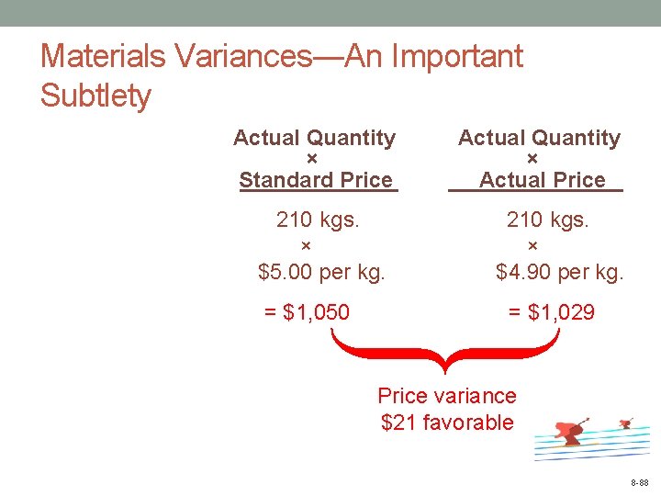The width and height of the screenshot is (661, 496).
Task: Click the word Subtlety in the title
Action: point(95,96)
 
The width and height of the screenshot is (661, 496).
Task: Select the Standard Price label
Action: point(316,180)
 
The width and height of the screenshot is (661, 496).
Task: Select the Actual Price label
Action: point(542,180)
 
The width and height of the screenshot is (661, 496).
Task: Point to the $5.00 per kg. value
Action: point(321,272)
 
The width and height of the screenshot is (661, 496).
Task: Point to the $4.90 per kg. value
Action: point(559,272)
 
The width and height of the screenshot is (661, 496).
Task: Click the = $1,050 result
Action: point(307,312)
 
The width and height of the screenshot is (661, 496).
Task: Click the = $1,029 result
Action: point(552,312)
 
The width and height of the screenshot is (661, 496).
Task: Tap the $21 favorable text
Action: point(447,423)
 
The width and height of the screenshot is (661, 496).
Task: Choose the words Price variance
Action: point(447,396)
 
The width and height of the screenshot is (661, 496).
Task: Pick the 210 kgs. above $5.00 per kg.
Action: point(318,220)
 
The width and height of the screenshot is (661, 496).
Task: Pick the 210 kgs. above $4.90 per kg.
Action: point(548,220)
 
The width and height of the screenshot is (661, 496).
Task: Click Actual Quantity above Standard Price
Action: point(314,139)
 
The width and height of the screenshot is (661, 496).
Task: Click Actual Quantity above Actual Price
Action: point(539,139)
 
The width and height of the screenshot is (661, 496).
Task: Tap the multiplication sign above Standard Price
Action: point(311,159)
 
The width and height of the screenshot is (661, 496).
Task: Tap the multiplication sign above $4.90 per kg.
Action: point(533,245)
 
